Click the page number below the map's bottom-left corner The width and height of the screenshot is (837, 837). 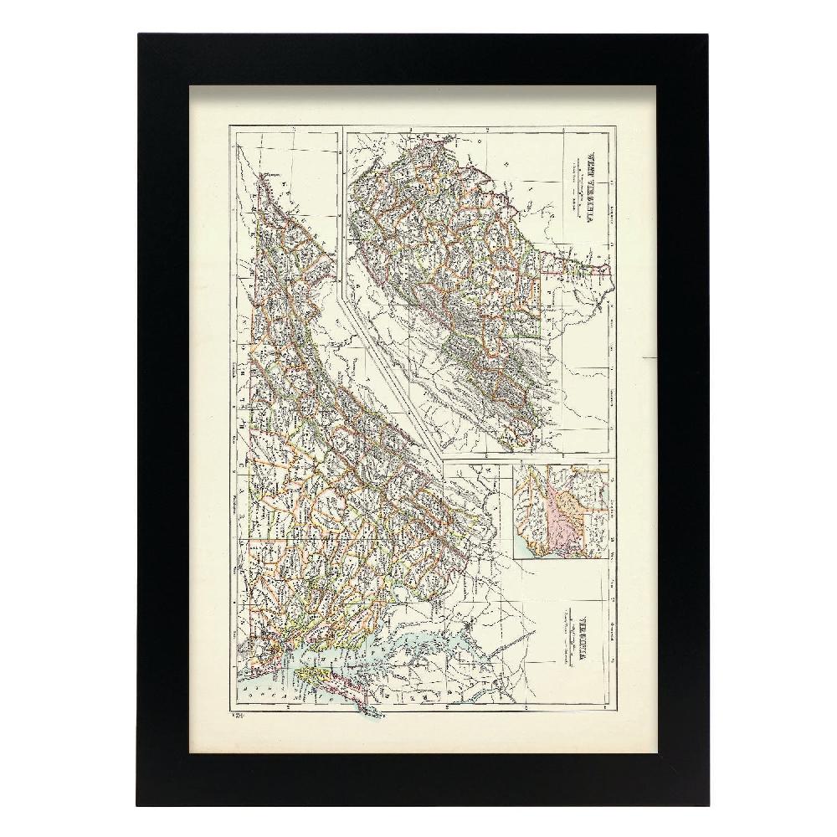(x=237, y=716)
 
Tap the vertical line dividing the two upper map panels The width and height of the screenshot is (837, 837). (x=341, y=209)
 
